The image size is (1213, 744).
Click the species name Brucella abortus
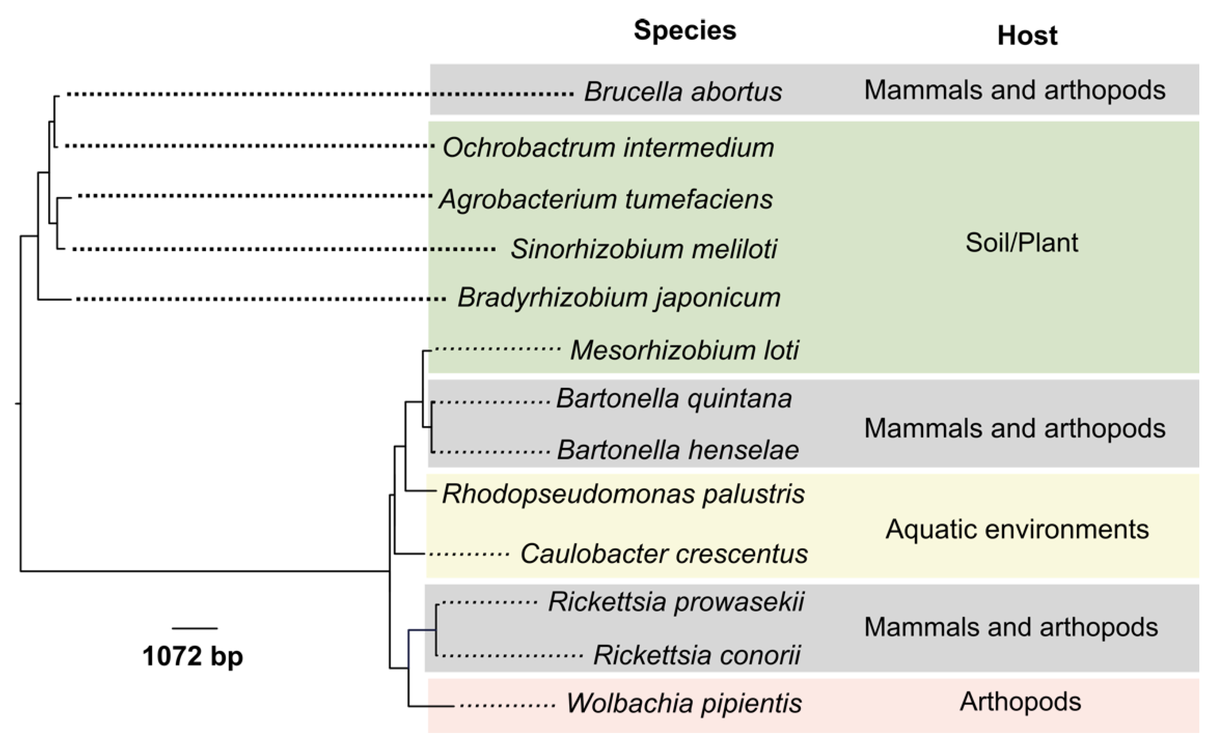click(x=683, y=92)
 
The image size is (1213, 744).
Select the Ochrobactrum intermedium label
click(x=608, y=148)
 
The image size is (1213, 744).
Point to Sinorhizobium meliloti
click(x=644, y=249)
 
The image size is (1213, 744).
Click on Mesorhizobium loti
click(x=684, y=350)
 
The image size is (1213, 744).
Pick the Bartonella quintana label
click(x=674, y=398)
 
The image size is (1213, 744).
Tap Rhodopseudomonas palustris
click(x=624, y=494)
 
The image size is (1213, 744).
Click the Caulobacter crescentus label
click(x=664, y=554)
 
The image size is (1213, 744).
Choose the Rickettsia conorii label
click(x=697, y=655)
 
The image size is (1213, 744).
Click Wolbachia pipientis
click(x=684, y=703)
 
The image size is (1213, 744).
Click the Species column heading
click(x=685, y=30)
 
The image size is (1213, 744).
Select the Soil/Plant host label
click(x=1021, y=243)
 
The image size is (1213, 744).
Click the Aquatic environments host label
click(x=1017, y=530)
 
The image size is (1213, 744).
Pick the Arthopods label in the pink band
click(x=1020, y=702)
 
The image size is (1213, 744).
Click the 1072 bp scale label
click(x=193, y=656)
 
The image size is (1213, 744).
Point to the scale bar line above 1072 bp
click(x=195, y=629)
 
